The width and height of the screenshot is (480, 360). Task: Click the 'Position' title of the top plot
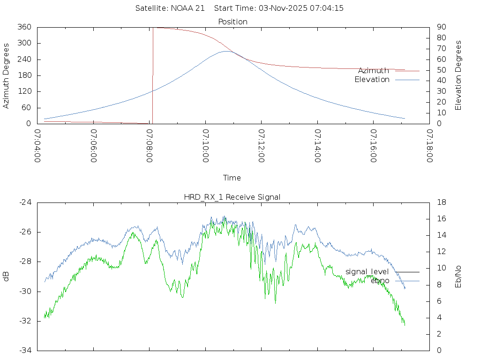232,22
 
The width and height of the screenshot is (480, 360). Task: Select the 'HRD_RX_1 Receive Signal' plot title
232,197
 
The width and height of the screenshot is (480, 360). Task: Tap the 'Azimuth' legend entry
374,71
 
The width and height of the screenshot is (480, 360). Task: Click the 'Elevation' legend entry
372,80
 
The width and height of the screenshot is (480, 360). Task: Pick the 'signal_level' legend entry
367,272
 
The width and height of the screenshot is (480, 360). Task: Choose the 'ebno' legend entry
380,281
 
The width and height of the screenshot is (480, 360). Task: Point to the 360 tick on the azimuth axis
24,27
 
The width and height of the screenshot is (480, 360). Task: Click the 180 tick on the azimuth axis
24,75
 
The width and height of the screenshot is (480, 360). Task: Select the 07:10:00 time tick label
206,146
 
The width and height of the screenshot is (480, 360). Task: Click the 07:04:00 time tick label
37,146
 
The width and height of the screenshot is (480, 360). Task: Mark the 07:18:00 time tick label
429,146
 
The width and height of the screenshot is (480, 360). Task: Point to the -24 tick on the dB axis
25,202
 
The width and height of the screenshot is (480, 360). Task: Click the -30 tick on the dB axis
25,291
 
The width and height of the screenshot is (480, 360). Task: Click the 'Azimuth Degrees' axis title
6,75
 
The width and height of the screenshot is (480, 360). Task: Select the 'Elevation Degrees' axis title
458,75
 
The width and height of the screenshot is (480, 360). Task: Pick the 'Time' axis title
232,178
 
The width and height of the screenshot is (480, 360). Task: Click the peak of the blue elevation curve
227,51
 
